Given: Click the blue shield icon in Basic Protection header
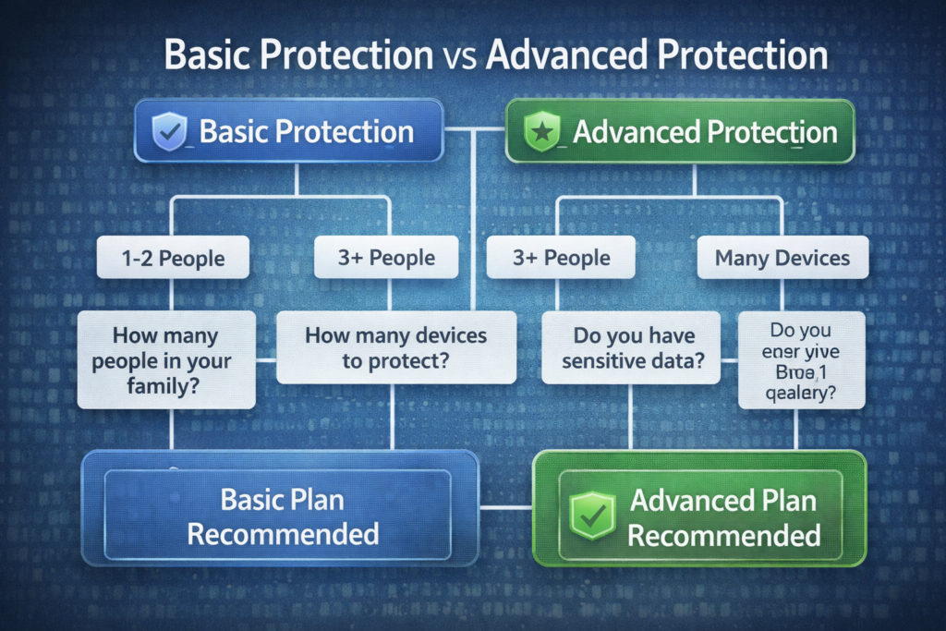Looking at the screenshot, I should [168, 132].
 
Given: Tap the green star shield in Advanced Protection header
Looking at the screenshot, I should [538, 132].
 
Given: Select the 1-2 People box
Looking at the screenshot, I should [173, 258].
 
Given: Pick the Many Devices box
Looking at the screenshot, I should [782, 258].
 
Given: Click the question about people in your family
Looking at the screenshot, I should [166, 359].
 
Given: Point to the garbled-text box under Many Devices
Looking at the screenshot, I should [801, 359].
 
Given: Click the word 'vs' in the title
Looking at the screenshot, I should [458, 55].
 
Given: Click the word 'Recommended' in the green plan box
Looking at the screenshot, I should [725, 535].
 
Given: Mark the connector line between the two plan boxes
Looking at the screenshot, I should [506, 507].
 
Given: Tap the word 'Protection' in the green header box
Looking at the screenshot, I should [771, 132].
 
